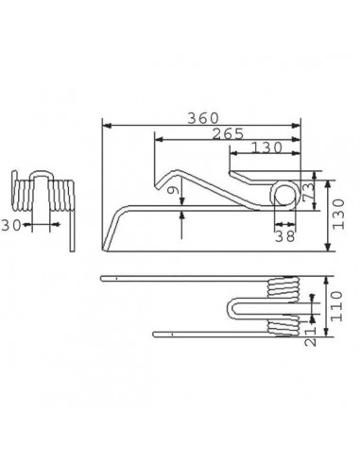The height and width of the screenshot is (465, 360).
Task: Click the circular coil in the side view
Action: click(x=283, y=195)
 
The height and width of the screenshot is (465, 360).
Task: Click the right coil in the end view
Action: click(x=63, y=197)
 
